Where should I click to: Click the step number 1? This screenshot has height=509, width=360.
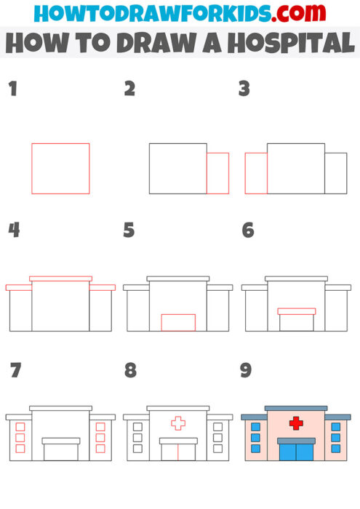tap(12, 89)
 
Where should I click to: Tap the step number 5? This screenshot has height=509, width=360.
tap(129, 231)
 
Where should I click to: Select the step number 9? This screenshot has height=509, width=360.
tap(246, 371)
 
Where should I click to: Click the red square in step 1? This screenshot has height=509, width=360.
tap(60, 169)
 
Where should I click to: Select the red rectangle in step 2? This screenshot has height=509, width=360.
tap(217, 173)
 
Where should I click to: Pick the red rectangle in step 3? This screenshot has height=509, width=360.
tap(256, 173)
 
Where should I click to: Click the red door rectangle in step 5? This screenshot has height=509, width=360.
tap(178, 322)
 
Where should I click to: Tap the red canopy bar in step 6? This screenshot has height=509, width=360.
tap(296, 311)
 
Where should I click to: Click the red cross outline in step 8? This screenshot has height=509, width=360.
tap(178, 422)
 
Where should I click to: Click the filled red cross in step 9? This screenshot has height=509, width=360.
tap(296, 422)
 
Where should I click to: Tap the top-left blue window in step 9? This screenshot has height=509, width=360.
tap(255, 427)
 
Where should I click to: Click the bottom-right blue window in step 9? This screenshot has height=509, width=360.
tap(335, 448)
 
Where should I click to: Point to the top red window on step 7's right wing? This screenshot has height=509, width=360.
tap(100, 427)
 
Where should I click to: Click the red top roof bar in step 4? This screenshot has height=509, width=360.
tap(60, 278)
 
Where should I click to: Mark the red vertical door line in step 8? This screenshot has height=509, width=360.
tap(178, 452)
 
